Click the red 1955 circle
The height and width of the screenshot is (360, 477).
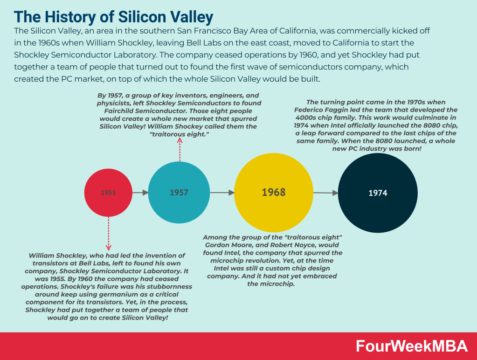click(x=108, y=193)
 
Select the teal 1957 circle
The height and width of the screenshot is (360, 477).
click(x=179, y=193)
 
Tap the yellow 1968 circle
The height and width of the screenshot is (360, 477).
click(x=273, y=192)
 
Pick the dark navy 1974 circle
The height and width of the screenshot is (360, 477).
click(x=378, y=193)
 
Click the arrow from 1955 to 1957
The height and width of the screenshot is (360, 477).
click(x=140, y=192)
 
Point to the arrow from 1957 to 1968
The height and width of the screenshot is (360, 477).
click(x=222, y=192)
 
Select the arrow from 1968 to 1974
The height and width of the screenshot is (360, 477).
click(x=325, y=192)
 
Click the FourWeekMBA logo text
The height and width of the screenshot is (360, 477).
click(x=411, y=346)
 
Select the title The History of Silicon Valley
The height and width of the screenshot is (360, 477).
click(x=114, y=17)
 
